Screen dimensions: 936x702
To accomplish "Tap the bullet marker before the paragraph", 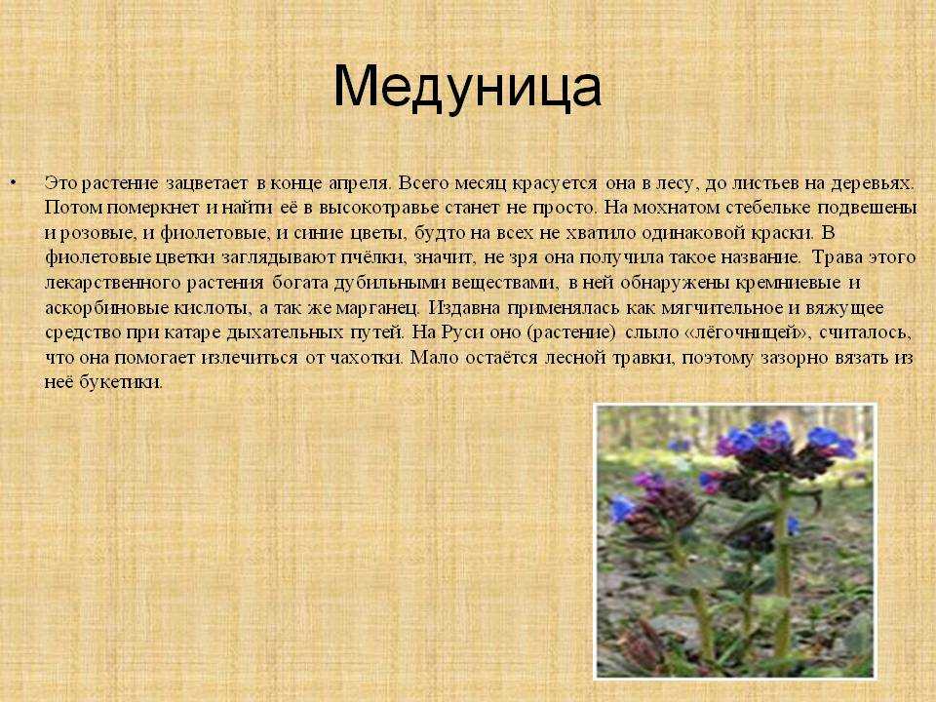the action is (x=14, y=182).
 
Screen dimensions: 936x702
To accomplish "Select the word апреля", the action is (x=360, y=184).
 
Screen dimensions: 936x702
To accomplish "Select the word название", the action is (x=754, y=257).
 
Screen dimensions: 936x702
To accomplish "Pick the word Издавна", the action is (x=466, y=307).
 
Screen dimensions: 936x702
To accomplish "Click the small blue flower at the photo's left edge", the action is (x=621, y=508).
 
